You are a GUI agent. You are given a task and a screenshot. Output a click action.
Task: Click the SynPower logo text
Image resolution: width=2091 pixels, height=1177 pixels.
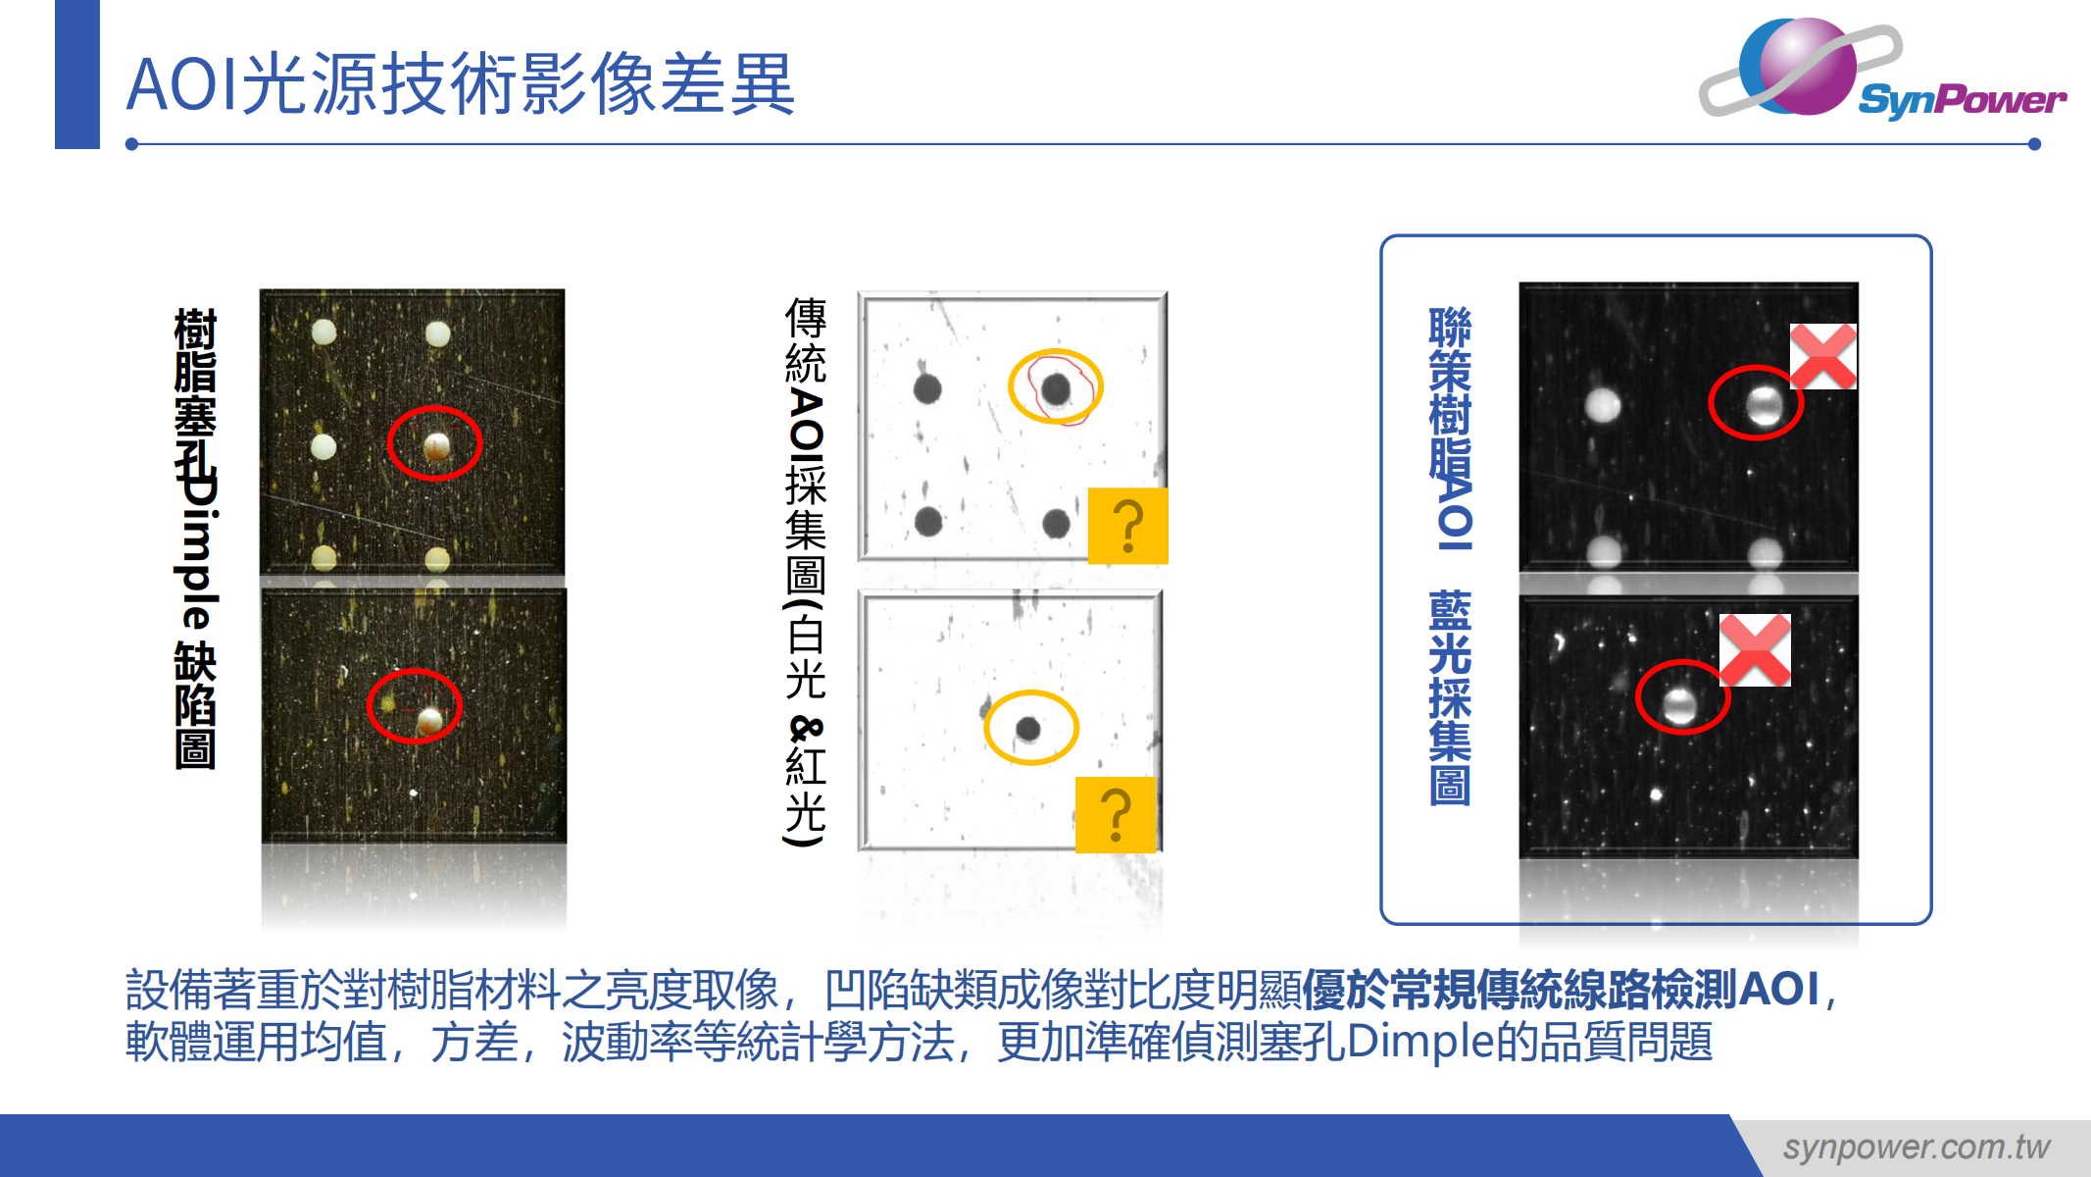click(1962, 99)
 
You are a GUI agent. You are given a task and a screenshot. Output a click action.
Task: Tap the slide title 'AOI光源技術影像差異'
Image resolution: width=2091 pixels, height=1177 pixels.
click(461, 84)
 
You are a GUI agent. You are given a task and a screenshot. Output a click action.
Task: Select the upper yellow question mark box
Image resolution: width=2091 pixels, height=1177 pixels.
click(1128, 526)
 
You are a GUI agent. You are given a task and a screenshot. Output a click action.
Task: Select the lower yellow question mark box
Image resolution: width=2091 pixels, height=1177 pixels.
click(1116, 814)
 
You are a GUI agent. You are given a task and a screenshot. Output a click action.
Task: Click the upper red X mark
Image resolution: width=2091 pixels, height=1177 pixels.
click(1823, 356)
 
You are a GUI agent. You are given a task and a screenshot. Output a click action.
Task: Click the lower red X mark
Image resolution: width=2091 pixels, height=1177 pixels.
click(1755, 649)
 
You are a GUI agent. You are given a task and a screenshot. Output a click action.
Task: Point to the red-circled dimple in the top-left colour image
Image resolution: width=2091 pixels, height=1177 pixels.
click(436, 447)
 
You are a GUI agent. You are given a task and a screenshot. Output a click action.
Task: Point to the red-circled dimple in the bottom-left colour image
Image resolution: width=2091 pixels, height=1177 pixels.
click(429, 722)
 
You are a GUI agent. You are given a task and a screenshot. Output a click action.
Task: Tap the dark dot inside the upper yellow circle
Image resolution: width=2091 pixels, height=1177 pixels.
click(1056, 389)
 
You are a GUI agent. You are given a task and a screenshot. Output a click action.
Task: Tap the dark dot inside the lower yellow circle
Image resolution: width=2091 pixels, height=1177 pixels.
click(1028, 729)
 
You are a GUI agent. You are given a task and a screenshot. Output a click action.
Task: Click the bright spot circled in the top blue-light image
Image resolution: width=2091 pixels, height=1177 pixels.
click(1765, 405)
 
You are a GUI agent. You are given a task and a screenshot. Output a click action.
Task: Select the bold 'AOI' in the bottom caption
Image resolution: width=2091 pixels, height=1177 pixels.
click(1778, 989)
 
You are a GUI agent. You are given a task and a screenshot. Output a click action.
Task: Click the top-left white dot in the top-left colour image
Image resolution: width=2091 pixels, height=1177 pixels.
click(324, 333)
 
